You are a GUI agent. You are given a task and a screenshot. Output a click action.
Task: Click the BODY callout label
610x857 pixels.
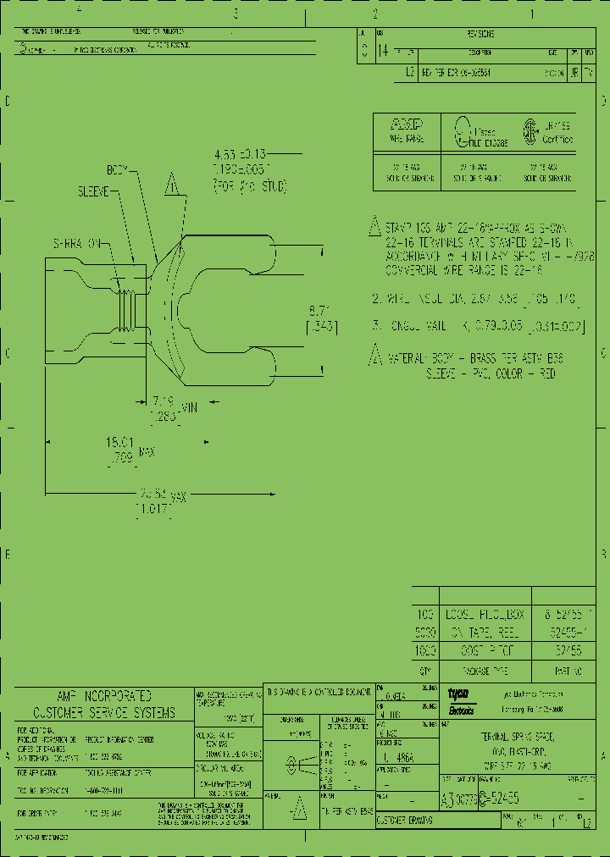tap(116, 169)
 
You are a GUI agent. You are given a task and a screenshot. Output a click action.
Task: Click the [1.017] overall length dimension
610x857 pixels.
tap(152, 508)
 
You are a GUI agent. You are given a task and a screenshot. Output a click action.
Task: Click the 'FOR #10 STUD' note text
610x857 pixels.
tap(250, 185)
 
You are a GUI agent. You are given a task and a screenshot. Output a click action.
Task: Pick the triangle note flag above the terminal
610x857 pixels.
tap(174, 184)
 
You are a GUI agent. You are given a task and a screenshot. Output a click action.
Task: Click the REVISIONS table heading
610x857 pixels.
tap(480, 35)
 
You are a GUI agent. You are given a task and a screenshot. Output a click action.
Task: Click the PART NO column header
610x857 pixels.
tap(560, 668)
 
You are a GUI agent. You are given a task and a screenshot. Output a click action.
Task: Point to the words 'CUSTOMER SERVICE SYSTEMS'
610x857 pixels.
tap(103, 713)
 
